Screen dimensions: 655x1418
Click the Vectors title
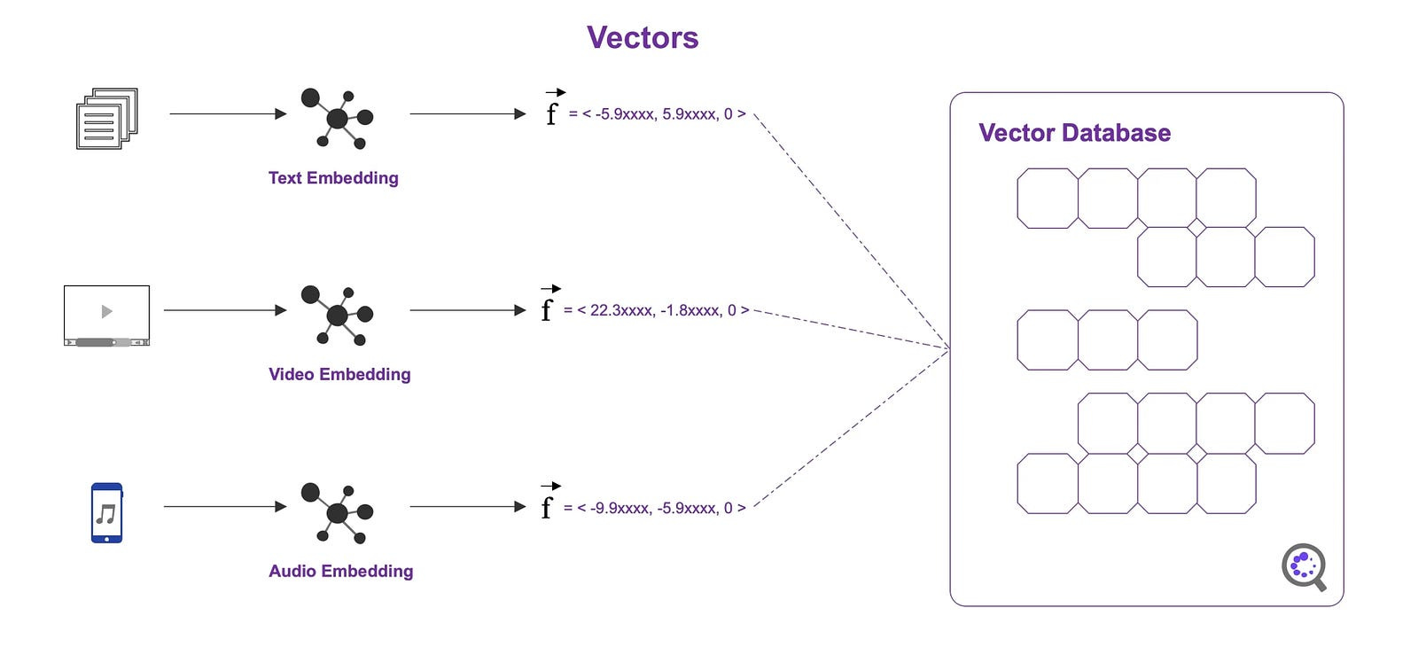pyautogui.click(x=643, y=38)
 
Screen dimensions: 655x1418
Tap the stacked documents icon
pyautogui.click(x=107, y=118)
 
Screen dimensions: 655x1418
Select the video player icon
pyautogui.click(x=106, y=315)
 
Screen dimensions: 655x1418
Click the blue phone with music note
pyautogui.click(x=106, y=512)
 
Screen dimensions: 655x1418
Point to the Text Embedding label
pyautogui.click(x=333, y=178)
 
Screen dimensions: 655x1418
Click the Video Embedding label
pyautogui.click(x=339, y=375)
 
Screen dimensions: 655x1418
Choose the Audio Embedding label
pyautogui.click(x=340, y=572)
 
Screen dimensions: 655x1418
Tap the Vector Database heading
pyautogui.click(x=1074, y=133)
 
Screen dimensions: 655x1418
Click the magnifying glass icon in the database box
pyautogui.click(x=1304, y=566)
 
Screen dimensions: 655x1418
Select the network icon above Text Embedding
pyautogui.click(x=337, y=117)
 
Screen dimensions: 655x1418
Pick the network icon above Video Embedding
pyautogui.click(x=337, y=315)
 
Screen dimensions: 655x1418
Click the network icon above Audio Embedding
pyautogui.click(x=337, y=512)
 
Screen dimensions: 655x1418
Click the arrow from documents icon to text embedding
pyautogui.click(x=228, y=113)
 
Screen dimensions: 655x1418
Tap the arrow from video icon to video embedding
pyautogui.click(x=225, y=310)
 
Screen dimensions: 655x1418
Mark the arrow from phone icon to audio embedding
pyautogui.click(x=225, y=507)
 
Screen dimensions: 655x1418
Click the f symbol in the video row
pyautogui.click(x=547, y=309)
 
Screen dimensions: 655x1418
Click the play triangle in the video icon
pyautogui.click(x=107, y=311)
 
